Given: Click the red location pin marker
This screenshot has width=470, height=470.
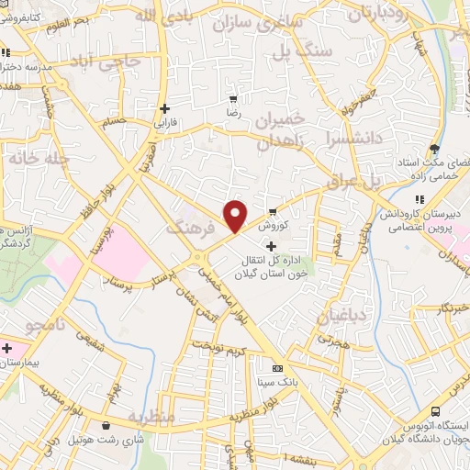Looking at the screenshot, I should (236, 216).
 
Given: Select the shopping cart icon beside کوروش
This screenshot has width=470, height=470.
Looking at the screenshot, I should (273, 211).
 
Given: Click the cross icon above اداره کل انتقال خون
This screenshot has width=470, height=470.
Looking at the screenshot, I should (270, 246).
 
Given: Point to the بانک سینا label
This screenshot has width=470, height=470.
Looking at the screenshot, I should (277, 382).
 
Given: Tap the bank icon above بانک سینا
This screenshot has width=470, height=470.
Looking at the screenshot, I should (277, 368).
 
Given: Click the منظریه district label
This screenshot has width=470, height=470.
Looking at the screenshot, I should (150, 417).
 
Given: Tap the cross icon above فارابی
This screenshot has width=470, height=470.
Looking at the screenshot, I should (162, 107).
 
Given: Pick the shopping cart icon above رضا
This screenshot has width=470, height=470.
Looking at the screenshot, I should (233, 98).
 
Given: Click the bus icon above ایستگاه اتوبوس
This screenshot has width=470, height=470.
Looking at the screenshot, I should (435, 412).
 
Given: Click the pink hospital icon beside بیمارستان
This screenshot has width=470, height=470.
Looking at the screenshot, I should (7, 349).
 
